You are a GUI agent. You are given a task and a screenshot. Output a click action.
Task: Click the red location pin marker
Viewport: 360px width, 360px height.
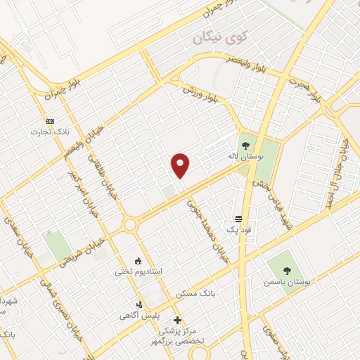pyautogui.click(x=181, y=165)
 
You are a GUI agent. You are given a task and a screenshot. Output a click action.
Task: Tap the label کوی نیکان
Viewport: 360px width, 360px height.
pyautogui.click(x=220, y=36)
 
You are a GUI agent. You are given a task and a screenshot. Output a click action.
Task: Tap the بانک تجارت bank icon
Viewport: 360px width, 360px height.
pyautogui.click(x=50, y=120)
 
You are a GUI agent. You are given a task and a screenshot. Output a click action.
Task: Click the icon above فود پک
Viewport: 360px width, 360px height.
pyautogui.click(x=238, y=219)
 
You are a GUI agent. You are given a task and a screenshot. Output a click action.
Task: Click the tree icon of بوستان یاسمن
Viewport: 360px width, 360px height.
pyautogui.click(x=286, y=270)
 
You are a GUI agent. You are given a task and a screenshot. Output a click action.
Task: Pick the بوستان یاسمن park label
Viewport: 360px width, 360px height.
pyautogui.click(x=286, y=281)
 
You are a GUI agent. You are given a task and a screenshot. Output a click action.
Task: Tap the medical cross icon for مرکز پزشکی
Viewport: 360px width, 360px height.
pyautogui.click(x=177, y=320)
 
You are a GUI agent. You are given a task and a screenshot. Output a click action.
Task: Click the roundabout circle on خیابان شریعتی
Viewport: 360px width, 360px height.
pyautogui.click(x=129, y=225)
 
